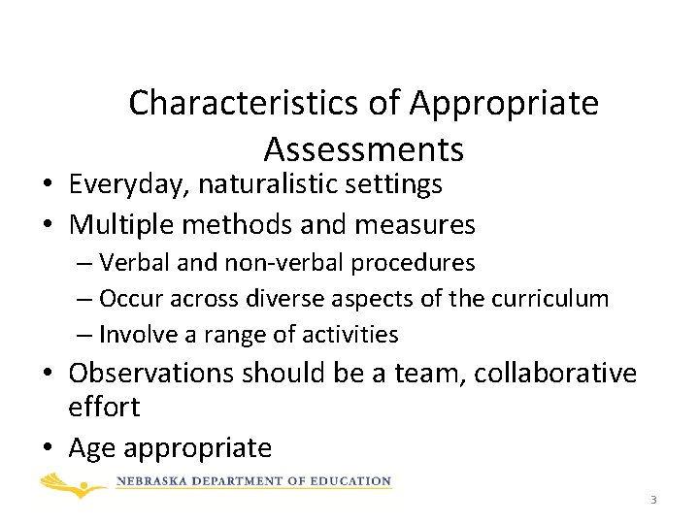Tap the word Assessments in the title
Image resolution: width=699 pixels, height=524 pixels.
coord(363,150)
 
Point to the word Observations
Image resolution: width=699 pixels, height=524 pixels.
coord(152,373)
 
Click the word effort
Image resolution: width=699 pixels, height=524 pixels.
coord(104,407)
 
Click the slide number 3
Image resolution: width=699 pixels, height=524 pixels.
coord(653,500)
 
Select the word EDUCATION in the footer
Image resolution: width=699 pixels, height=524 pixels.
coord(352,481)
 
